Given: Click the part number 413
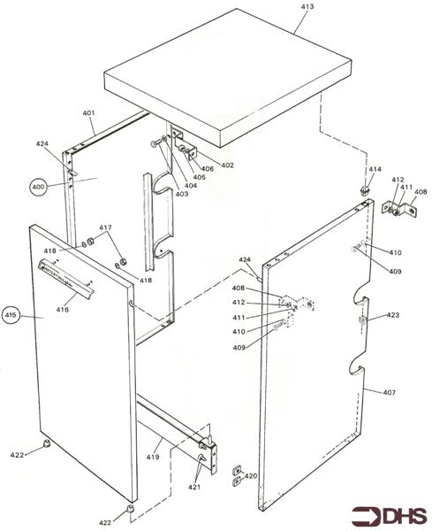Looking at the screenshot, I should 307,6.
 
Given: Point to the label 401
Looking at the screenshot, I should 88,112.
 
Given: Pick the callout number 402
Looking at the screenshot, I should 227,165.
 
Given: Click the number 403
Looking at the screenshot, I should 180,193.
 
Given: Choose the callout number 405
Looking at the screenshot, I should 200,178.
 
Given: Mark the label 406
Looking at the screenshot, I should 207,169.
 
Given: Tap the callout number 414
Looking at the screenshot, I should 375,169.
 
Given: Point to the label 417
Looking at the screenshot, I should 105,228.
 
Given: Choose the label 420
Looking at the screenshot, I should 251,476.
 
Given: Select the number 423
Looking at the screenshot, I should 392,314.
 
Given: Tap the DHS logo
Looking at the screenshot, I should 390,515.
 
